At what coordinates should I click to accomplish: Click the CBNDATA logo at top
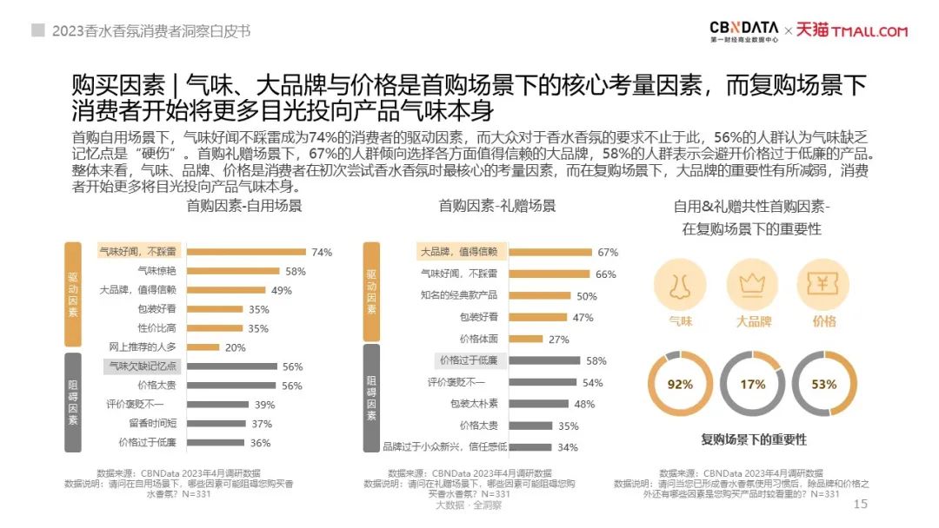pos(743,31)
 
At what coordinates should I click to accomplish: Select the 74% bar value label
pos(322,253)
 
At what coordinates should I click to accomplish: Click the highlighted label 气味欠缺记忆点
pos(143,366)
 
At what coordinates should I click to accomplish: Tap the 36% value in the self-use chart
pos(260,443)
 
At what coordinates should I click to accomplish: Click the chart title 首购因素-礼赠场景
pos(496,206)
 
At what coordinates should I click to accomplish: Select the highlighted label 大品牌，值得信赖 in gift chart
pos(458,252)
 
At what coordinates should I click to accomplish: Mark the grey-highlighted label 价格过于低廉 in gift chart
pos(468,360)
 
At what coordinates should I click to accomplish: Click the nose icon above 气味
pos(680,286)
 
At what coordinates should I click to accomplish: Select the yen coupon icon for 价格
pos(822,286)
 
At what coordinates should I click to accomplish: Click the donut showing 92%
pos(680,384)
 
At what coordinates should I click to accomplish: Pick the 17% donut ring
pos(752,384)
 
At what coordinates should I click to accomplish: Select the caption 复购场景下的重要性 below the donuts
pos(754,439)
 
